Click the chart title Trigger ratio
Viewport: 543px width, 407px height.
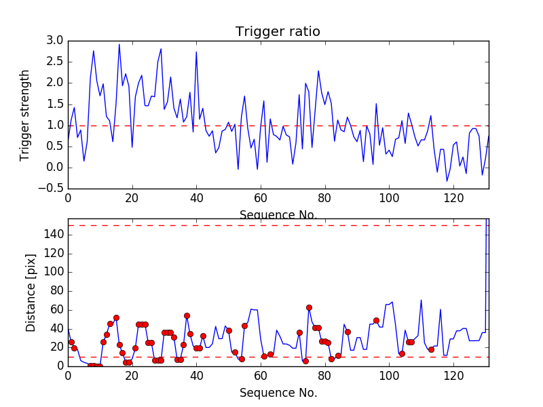tap(278, 32)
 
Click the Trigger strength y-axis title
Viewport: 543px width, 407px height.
tap(25, 115)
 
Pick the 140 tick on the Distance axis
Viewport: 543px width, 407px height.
tap(53, 234)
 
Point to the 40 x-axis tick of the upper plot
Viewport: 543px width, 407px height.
tap(196, 198)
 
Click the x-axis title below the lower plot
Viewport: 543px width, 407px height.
tap(278, 393)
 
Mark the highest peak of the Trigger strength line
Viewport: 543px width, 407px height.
tap(119, 45)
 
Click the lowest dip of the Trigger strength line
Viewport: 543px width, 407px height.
tap(447, 181)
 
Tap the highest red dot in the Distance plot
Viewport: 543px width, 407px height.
tap(309, 307)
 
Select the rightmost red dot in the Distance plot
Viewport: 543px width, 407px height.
tap(431, 349)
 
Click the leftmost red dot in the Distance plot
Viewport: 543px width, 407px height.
tap(71, 342)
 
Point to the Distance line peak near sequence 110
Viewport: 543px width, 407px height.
tap(421, 300)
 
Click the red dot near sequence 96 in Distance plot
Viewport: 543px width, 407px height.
tap(376, 320)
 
